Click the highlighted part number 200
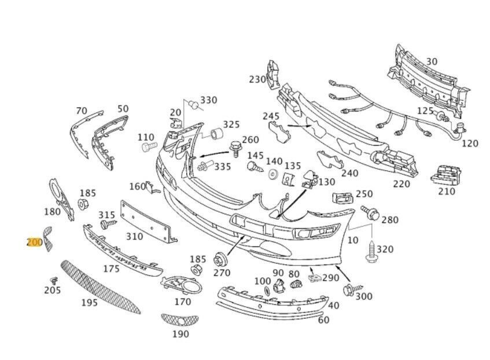[x=34, y=243]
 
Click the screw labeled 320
[x=371, y=251]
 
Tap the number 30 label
[x=432, y=61]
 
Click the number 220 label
[x=401, y=183]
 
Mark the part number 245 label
[x=271, y=116]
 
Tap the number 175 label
[x=111, y=269]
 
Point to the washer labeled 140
[x=273, y=174]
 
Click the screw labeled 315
[x=107, y=223]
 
